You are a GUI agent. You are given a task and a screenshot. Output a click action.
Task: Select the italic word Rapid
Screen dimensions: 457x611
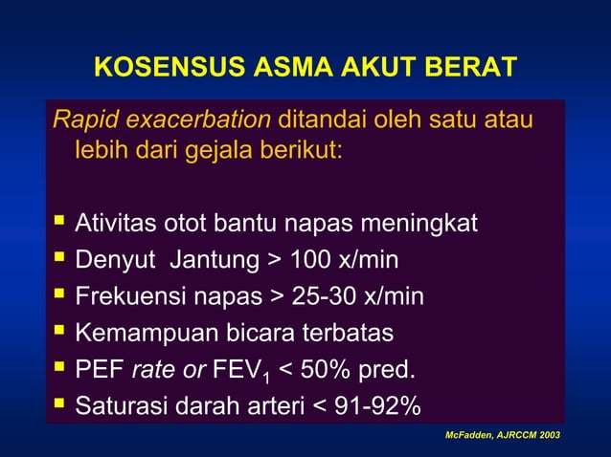tap(80, 121)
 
